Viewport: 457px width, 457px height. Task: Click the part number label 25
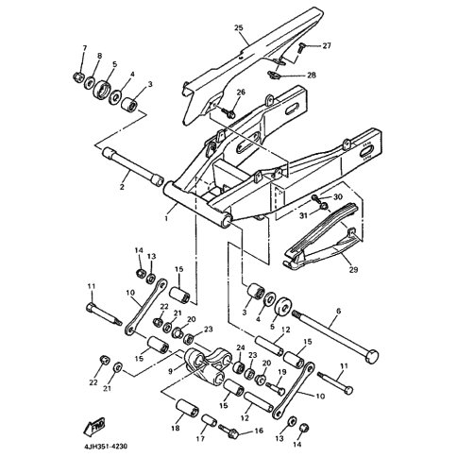239,27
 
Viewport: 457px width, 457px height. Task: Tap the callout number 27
327,45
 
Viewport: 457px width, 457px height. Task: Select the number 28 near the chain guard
312,76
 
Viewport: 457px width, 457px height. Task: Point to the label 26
241,93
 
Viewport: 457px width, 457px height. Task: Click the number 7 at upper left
85,48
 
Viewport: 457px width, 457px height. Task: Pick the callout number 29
354,269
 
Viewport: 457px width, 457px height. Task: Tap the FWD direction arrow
93,426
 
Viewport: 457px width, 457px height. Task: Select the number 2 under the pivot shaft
122,186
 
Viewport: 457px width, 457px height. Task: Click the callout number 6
338,311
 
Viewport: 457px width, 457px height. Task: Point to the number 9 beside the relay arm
170,371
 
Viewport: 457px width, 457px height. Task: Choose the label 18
176,428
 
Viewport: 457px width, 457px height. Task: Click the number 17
200,438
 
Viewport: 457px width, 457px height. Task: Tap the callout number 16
259,431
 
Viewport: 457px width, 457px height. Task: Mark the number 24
241,347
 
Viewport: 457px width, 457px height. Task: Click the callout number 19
281,372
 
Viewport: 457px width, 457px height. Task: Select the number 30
338,197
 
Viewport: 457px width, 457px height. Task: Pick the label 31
303,216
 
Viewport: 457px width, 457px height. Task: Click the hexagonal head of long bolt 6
372,357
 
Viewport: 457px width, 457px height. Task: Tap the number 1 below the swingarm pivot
167,218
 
